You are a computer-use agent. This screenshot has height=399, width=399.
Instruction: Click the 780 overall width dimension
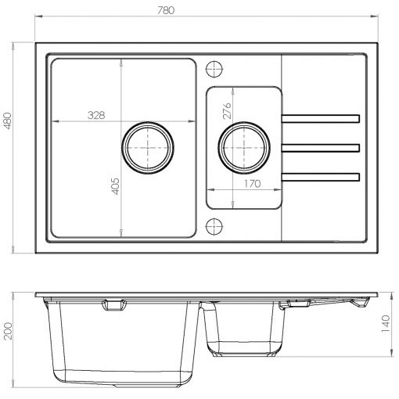coord(166,10)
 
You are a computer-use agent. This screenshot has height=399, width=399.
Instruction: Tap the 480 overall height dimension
coord(8,120)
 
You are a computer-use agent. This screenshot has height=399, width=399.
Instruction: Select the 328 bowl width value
coord(96,115)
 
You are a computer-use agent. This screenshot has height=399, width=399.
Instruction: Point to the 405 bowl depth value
coord(115,186)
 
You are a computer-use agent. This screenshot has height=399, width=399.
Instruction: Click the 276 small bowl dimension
coord(227,111)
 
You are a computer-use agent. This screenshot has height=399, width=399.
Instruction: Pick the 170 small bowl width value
coord(252,184)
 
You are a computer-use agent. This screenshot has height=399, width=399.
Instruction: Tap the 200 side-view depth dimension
coord(8,331)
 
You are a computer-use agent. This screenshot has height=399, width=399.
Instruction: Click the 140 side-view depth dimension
coord(386,324)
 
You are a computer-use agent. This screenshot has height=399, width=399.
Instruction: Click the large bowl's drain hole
coord(148,148)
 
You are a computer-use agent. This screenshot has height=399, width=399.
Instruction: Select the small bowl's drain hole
coord(244,148)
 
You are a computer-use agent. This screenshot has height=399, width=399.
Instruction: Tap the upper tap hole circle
coord(214,69)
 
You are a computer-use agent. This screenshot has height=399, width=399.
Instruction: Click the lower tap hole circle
coord(214,226)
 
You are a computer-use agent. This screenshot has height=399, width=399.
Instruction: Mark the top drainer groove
coord(321,118)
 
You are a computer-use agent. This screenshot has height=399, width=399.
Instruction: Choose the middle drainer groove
coord(321,148)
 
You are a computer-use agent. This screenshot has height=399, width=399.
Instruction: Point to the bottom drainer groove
coord(321,177)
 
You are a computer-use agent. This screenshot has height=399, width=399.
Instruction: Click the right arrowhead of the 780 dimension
coord(375,16)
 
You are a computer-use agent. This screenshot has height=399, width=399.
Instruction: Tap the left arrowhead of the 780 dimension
coord(38,16)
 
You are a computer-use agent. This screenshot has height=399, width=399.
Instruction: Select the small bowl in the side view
coord(244,329)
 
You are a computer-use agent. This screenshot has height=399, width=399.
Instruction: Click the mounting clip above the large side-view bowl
coord(114,305)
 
